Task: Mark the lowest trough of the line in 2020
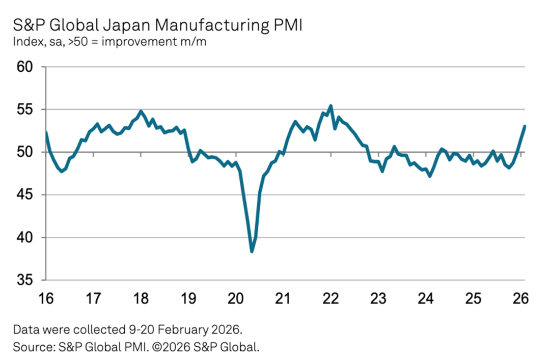tap(252, 251)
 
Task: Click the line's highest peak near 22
tap(331, 106)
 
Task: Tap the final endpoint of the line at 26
tap(525, 126)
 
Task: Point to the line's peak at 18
tap(141, 111)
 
